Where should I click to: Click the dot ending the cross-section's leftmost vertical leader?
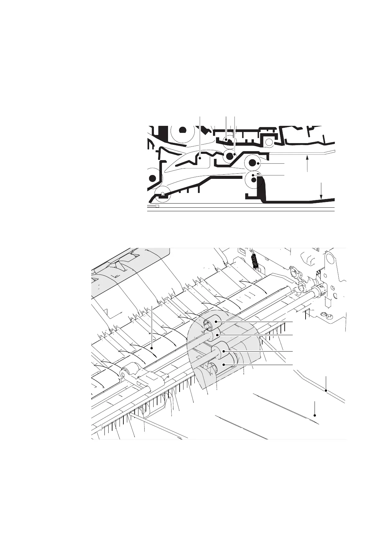[200, 158]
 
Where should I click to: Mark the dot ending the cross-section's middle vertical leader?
[227, 140]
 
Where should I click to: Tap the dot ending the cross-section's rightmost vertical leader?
[235, 154]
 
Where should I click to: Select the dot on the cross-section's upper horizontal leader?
[258, 164]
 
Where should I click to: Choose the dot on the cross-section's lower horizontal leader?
[254, 175]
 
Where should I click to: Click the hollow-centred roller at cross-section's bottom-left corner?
[163, 194]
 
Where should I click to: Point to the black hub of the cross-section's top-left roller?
[182, 130]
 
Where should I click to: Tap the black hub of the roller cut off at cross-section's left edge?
[152, 179]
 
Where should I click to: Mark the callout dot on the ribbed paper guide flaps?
[152, 347]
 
